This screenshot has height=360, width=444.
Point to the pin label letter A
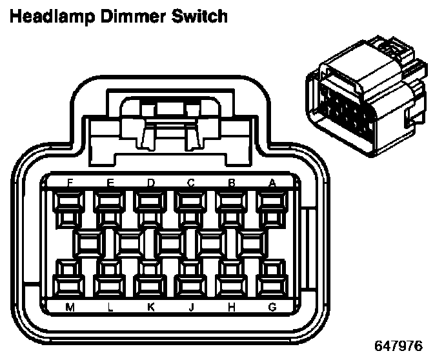(x=272, y=183)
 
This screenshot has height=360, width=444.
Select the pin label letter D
(x=150, y=183)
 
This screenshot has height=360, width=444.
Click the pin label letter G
(x=272, y=307)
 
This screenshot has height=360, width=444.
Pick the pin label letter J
(x=191, y=307)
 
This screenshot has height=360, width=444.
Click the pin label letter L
(x=110, y=307)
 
